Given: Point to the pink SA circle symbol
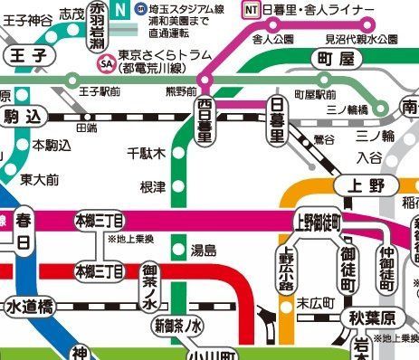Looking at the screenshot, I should [108, 65].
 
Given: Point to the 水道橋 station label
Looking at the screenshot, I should [31, 307].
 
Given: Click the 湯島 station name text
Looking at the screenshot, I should [205, 250].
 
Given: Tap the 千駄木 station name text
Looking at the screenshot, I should [147, 154].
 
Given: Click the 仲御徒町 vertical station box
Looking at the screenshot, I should [388, 267].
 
